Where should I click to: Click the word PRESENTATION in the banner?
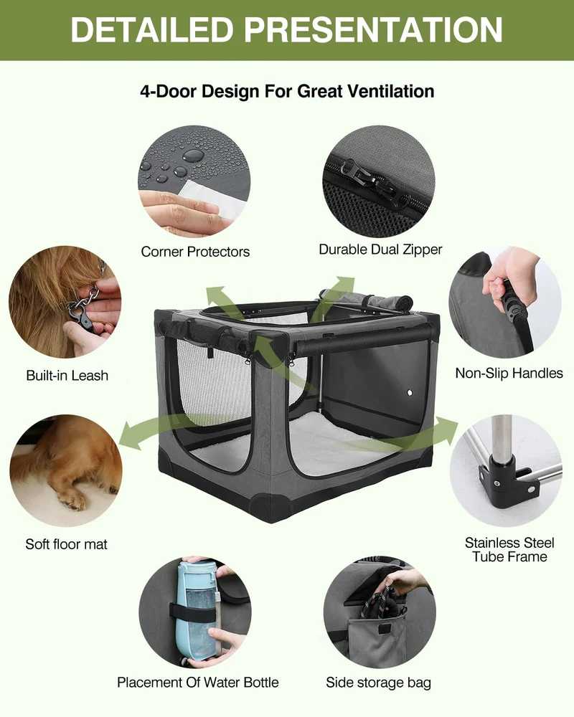(x=372, y=29)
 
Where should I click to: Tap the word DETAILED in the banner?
(x=152, y=29)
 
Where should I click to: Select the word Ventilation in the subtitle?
(x=390, y=92)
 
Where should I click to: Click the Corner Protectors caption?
(x=195, y=252)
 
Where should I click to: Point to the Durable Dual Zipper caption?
(x=380, y=250)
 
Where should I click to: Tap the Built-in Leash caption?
(x=67, y=376)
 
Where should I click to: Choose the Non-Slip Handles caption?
(x=509, y=373)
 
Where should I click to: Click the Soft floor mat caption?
(x=67, y=544)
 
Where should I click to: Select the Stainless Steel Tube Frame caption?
(x=509, y=550)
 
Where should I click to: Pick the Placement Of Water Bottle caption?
(x=198, y=683)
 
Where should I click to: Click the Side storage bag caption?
(x=379, y=683)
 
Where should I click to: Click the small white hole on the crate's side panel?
(x=409, y=392)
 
